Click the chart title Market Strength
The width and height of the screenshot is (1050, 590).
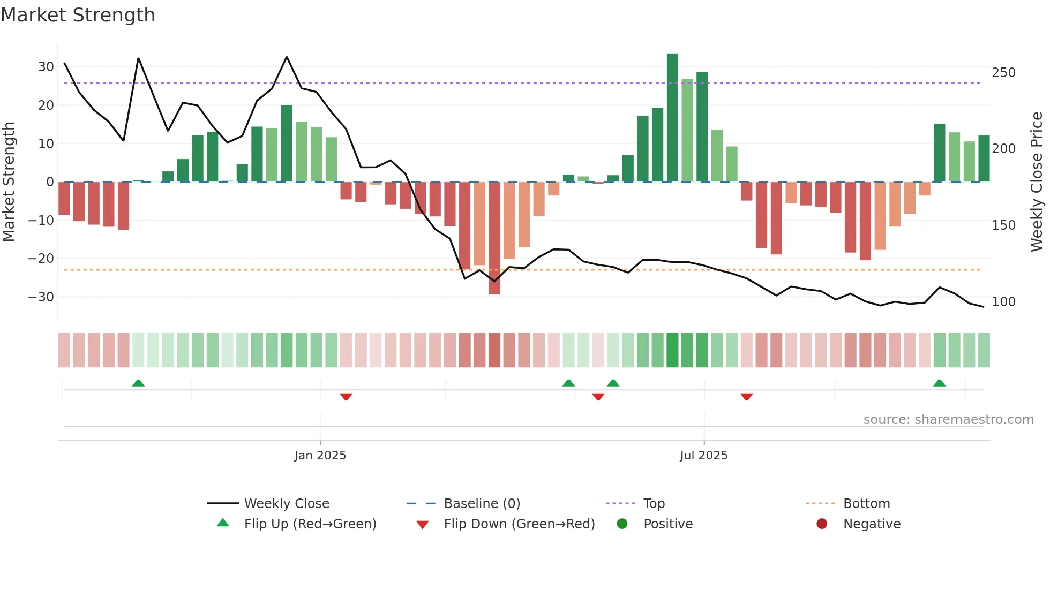click(78, 15)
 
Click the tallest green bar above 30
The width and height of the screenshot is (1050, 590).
click(672, 118)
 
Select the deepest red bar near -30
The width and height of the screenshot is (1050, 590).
click(494, 238)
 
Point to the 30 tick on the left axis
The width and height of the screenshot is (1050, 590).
click(46, 67)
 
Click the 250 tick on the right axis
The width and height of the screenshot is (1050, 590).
click(1003, 73)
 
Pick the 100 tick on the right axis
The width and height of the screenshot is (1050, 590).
click(1003, 302)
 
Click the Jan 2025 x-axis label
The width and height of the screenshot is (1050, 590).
click(320, 456)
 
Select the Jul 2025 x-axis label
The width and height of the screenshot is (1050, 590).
click(703, 456)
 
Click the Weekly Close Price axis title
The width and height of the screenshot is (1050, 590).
click(1037, 182)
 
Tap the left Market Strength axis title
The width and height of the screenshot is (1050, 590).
click(9, 182)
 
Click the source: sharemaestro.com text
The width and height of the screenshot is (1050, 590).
click(948, 420)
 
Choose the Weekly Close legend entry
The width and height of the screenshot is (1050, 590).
click(287, 504)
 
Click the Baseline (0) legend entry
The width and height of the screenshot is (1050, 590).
click(482, 504)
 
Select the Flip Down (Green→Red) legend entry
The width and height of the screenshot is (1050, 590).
click(519, 524)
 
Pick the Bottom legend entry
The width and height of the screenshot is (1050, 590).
click(866, 504)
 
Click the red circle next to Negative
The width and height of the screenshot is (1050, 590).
click(822, 524)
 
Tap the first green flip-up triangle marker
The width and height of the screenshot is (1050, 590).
click(138, 383)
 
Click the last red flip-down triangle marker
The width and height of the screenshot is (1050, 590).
click(746, 396)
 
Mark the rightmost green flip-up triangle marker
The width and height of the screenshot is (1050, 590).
click(939, 383)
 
